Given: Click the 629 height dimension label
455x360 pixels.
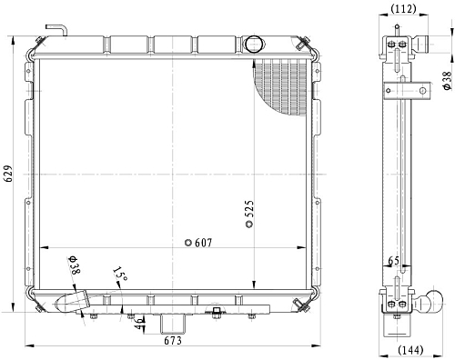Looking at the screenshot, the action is [x=9, y=174].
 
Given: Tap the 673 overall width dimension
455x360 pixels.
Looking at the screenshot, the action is [x=173, y=341].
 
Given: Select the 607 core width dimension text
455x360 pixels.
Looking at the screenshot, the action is [x=203, y=243].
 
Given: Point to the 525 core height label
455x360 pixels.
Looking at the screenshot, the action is [x=248, y=209].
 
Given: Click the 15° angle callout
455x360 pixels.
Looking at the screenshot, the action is [x=119, y=274].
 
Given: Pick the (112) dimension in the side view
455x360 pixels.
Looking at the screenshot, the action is [x=403, y=9].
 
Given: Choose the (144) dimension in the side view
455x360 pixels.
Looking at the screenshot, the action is [x=410, y=350].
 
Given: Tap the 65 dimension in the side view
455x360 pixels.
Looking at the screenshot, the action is [x=394, y=261].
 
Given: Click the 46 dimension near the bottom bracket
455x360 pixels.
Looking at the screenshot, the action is [x=138, y=325].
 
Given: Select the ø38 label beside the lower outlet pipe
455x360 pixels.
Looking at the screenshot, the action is [x=75, y=265].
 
